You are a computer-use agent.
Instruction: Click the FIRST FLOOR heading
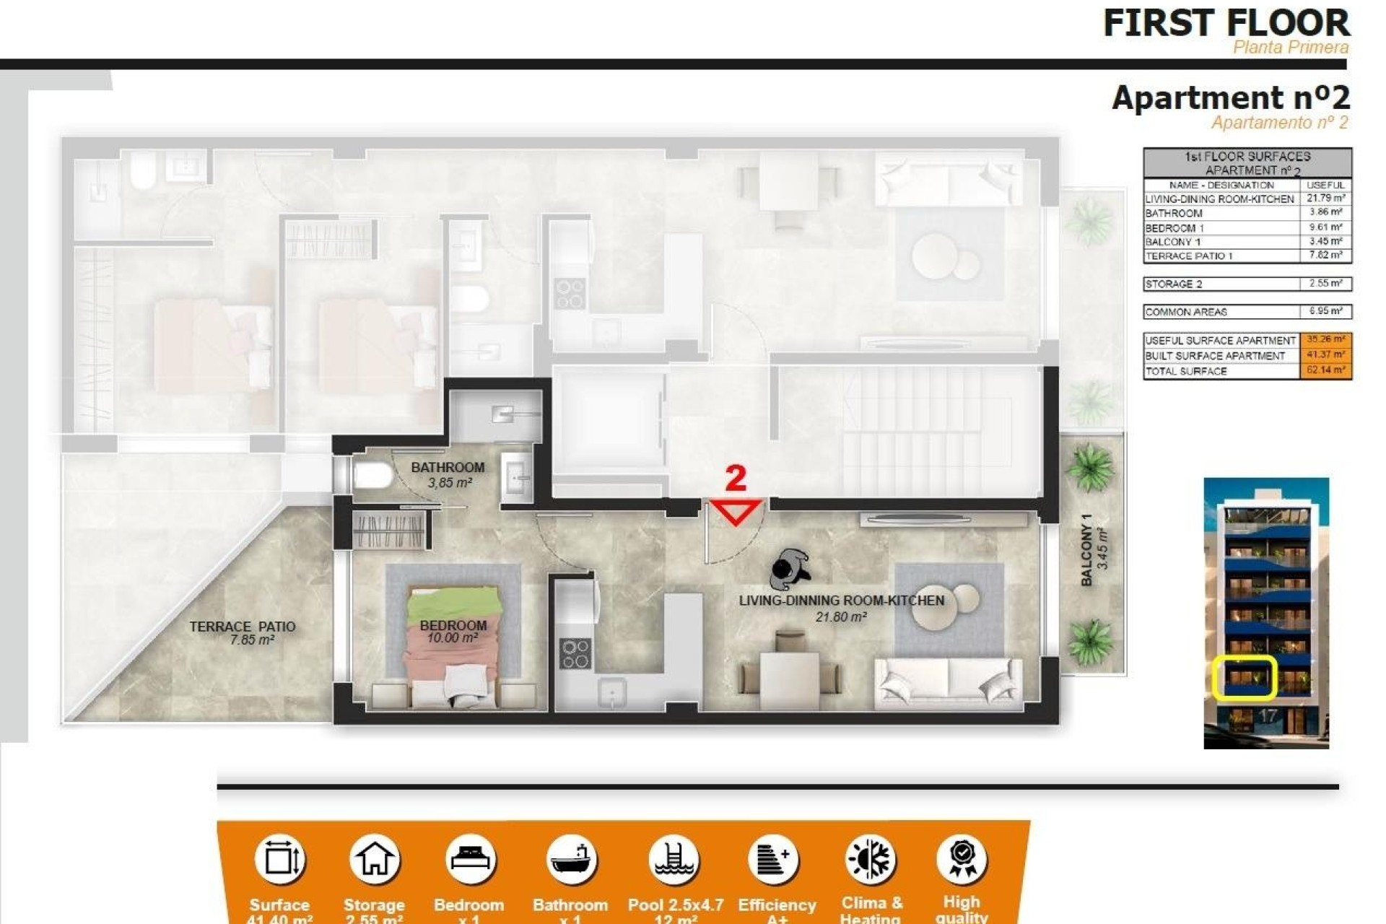pos(1226,23)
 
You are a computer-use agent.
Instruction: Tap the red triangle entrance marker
pos(736,510)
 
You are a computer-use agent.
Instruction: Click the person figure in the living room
pos(789,569)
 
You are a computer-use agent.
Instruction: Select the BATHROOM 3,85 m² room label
pos(448,474)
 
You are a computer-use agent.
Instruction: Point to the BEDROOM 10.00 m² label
pos(453,631)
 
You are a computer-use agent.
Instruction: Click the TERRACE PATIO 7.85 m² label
pos(243,633)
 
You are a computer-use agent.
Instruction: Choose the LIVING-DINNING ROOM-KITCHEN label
pos(841,601)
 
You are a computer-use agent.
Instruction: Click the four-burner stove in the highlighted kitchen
pos(575,654)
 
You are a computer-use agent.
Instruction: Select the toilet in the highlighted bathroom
pos(372,476)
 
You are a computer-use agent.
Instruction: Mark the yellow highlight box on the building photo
pos(1244,677)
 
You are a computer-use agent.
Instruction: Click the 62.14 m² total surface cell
pos(1325,371)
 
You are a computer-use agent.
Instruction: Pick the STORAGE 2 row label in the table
pos(1174,284)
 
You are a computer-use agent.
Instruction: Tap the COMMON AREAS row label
pos(1186,313)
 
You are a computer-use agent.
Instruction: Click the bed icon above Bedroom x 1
pos(470,859)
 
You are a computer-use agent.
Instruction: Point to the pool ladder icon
pos(674,859)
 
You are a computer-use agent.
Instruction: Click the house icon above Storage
pos(374,859)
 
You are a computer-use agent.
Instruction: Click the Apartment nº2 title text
pos(1230,97)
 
